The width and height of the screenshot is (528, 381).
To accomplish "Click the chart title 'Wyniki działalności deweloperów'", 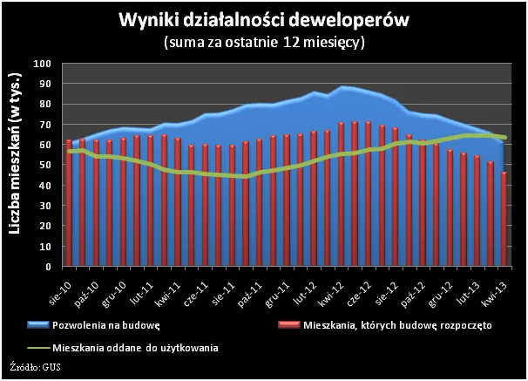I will click(263, 20).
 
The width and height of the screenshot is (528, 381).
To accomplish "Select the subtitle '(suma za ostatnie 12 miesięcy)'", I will click(263, 41).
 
